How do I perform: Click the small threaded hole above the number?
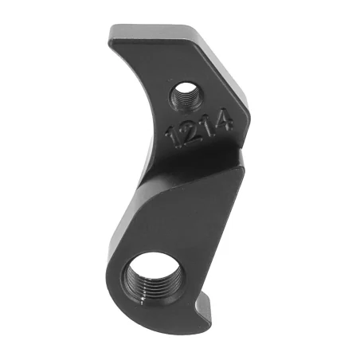(x=185, y=98)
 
